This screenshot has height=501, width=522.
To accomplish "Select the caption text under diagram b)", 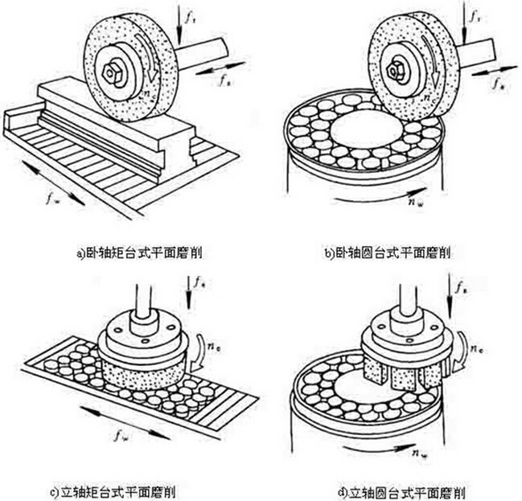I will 387,253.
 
